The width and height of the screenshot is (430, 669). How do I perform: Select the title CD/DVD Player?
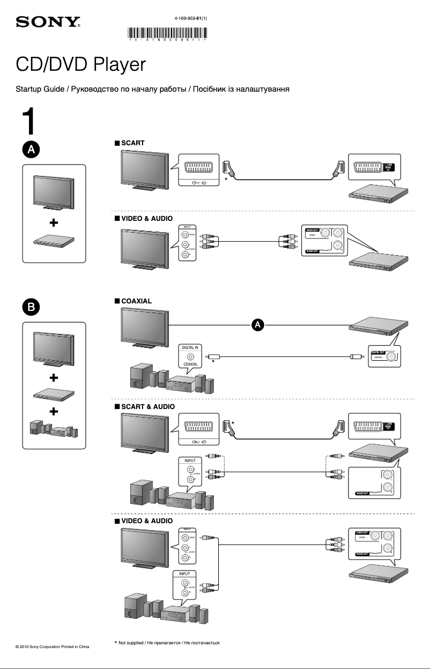click(x=80, y=65)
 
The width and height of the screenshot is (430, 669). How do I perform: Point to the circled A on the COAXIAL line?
click(x=258, y=324)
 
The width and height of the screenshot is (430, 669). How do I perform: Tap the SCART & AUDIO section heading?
click(x=144, y=407)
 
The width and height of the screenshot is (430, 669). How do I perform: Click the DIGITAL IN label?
click(x=190, y=347)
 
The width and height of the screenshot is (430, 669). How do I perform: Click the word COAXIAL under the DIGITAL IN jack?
click(x=190, y=364)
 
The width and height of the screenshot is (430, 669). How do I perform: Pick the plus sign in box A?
click(x=54, y=221)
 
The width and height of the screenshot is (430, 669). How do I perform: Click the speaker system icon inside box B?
click(x=54, y=429)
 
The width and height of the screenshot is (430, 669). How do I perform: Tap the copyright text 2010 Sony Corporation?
click(x=52, y=647)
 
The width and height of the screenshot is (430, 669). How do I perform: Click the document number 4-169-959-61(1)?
click(x=194, y=18)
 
